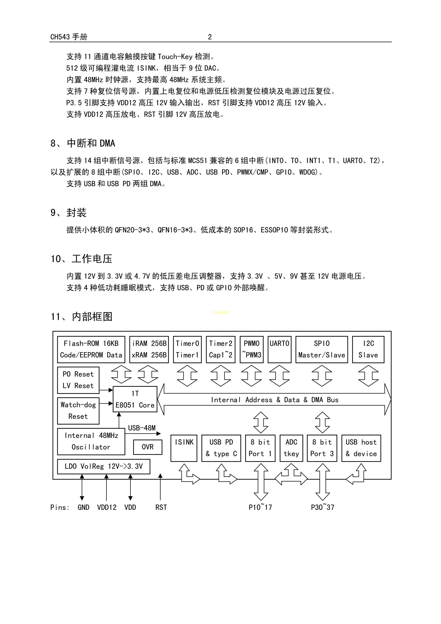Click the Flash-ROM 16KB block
click(91, 349)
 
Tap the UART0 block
click(279, 349)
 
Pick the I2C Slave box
click(368, 349)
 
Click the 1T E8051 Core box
click(135, 399)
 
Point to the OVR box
click(148, 447)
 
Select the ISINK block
click(184, 448)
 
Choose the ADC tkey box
click(291, 448)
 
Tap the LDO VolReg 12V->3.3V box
click(103, 466)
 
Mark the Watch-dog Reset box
click(78, 411)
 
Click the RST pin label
click(161, 507)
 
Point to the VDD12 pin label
click(107, 507)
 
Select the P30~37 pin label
click(323, 507)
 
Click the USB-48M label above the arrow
click(142, 428)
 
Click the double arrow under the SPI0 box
click(322, 376)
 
